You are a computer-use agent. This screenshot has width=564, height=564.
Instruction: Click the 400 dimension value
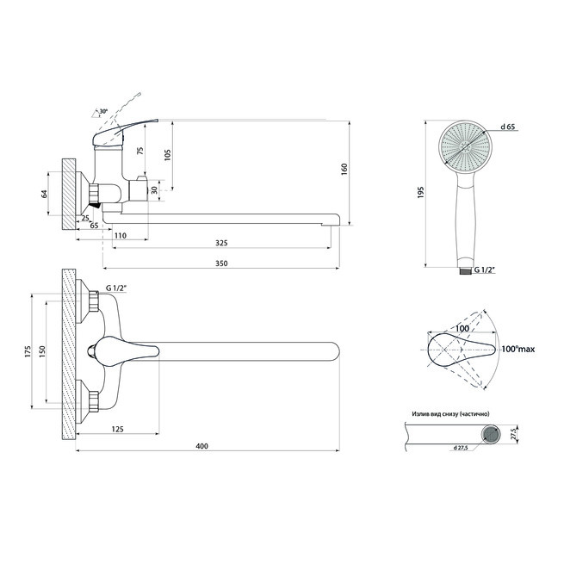(201, 446)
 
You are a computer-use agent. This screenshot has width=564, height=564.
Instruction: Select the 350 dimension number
(221, 263)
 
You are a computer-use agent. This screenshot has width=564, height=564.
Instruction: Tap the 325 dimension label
(221, 243)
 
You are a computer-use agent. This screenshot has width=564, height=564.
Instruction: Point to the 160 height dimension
(344, 169)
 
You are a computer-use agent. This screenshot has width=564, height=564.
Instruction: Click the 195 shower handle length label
(421, 193)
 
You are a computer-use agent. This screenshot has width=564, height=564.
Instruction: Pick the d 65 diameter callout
(508, 127)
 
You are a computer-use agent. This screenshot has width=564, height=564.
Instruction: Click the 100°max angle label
(518, 349)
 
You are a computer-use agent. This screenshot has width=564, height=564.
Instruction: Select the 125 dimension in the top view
(118, 429)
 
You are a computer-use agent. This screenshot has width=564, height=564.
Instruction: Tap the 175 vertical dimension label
(28, 351)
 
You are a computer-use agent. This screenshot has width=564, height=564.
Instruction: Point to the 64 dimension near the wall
(44, 194)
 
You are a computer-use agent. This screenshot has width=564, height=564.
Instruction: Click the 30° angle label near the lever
(103, 111)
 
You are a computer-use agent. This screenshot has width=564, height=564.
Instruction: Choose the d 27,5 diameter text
(461, 448)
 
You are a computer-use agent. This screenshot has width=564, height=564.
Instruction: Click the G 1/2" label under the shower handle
(486, 270)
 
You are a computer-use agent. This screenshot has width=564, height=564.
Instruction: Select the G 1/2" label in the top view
(117, 288)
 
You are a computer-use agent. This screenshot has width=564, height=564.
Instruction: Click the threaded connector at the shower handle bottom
(466, 271)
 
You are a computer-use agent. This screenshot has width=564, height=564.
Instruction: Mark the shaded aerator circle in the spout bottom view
(491, 434)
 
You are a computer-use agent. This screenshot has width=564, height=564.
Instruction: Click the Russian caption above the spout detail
(450, 414)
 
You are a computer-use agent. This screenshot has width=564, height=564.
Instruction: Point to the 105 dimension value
(168, 155)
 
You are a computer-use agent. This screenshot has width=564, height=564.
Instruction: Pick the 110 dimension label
(121, 236)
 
